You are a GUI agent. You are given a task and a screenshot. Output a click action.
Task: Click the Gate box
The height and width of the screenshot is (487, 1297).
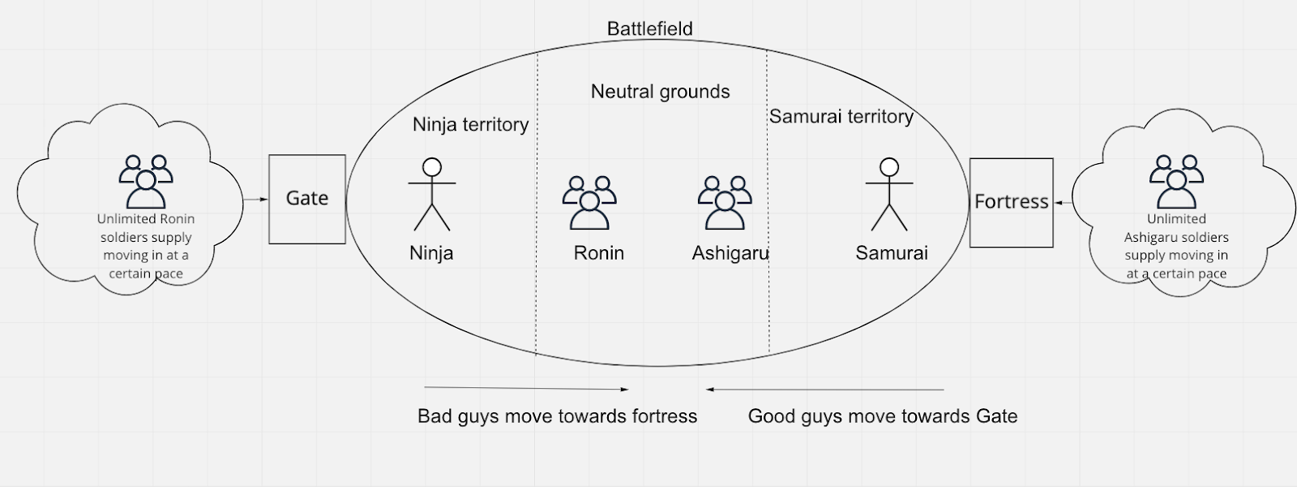tap(307, 199)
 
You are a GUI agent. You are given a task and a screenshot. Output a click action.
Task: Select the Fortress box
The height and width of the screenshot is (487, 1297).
tap(1011, 202)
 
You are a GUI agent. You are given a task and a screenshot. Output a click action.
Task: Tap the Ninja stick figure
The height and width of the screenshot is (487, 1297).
tap(432, 195)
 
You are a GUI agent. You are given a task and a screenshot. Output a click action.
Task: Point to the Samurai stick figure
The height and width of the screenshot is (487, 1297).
tap(890, 195)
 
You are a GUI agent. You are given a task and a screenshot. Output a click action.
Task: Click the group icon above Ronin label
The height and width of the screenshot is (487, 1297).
tap(589, 202)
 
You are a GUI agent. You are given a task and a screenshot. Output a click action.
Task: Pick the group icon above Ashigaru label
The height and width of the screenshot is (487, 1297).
tap(725, 202)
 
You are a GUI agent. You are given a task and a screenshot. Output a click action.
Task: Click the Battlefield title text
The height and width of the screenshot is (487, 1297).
tap(649, 29)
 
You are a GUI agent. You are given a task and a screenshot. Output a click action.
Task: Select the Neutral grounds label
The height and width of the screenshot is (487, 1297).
tap(660, 92)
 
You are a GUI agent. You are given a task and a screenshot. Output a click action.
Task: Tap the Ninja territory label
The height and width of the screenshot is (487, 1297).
tap(470, 124)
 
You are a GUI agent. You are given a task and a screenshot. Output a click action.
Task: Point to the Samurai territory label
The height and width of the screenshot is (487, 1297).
tap(841, 117)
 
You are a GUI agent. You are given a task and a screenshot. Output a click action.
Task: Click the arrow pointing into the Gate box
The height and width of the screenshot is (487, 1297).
tap(256, 199)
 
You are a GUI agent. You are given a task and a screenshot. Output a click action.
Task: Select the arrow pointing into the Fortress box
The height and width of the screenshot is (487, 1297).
tap(1063, 203)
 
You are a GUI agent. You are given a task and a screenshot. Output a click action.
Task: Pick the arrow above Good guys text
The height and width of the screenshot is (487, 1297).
tap(824, 390)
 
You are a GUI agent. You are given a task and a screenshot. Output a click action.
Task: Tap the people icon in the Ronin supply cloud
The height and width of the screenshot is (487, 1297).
tap(146, 182)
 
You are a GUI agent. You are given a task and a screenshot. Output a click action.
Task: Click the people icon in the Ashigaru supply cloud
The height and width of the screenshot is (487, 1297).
tap(1176, 182)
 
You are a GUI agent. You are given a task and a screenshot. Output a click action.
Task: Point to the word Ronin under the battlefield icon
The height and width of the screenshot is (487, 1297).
tap(598, 253)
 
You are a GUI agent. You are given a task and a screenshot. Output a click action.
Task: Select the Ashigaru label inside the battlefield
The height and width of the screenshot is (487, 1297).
tap(730, 253)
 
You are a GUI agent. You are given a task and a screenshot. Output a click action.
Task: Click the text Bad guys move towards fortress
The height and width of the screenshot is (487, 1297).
tap(557, 416)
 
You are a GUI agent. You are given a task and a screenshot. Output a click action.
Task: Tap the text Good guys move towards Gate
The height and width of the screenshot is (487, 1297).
tap(882, 416)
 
